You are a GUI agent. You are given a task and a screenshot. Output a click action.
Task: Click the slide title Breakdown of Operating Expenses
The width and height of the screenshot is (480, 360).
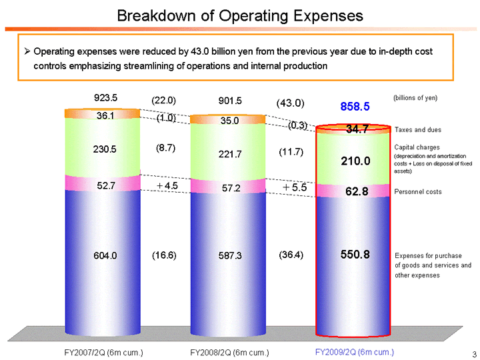pyautogui.click(x=240, y=15)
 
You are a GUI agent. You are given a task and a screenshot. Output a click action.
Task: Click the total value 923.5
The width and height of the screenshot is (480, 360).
pyautogui.click(x=106, y=98)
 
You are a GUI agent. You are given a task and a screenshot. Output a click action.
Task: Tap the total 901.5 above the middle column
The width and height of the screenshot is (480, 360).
pyautogui.click(x=230, y=101)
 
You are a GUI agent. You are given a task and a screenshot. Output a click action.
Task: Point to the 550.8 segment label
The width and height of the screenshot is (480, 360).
pyautogui.click(x=353, y=255)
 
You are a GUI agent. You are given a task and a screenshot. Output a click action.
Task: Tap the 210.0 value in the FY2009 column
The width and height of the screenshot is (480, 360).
pyautogui.click(x=353, y=161)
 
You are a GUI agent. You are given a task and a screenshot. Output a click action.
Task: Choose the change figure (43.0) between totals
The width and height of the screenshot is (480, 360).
pyautogui.click(x=290, y=103)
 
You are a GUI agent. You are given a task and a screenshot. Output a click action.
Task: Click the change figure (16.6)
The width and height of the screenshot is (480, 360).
pyautogui.click(x=164, y=255)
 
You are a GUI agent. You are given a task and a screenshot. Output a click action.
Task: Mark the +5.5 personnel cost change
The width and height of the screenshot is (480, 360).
pyautogui.click(x=294, y=188)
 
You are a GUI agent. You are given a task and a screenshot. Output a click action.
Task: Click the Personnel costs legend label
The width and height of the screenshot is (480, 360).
pyautogui.click(x=418, y=192)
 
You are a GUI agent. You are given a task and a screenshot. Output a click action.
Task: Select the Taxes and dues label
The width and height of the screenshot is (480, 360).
pyautogui.click(x=418, y=130)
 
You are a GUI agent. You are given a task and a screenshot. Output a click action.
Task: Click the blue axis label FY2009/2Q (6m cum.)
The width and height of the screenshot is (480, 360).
pyautogui.click(x=354, y=351)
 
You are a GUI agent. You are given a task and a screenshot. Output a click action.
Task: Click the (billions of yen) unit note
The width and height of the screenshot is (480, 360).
pyautogui.click(x=415, y=98)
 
